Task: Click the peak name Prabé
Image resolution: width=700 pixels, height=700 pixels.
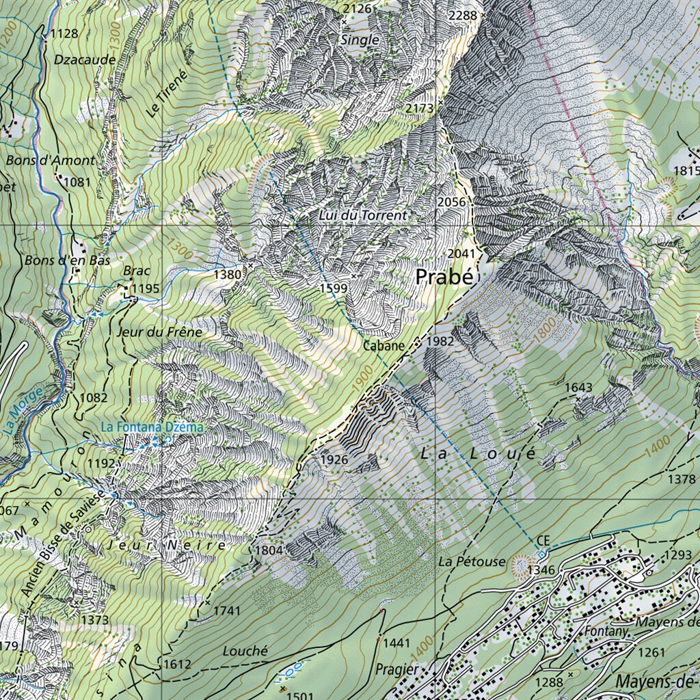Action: coord(444,278)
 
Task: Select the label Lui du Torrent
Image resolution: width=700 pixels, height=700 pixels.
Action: coord(362,215)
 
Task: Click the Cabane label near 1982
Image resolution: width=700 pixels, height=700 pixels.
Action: coord(383,346)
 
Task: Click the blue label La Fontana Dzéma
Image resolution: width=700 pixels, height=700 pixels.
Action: coord(152,427)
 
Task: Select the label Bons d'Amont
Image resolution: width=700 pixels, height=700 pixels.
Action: coord(51,161)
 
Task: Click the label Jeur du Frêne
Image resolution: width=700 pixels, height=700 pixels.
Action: coord(160,332)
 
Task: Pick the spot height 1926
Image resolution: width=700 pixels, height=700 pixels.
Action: coord(334,460)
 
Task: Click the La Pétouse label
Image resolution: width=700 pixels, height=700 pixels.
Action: coord(472,562)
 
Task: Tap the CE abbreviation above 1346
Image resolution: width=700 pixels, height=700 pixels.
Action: coord(543,541)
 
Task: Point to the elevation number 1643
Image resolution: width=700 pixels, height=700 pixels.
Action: coord(578,388)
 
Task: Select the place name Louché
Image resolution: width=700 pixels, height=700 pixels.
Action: coord(245,651)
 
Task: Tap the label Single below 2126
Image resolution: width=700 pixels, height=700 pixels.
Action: coord(359,40)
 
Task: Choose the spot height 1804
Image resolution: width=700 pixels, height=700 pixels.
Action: coord(269,550)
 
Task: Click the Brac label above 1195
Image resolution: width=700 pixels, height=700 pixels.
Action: coord(137,270)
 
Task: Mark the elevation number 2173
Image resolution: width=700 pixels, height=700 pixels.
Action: coord(419,109)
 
